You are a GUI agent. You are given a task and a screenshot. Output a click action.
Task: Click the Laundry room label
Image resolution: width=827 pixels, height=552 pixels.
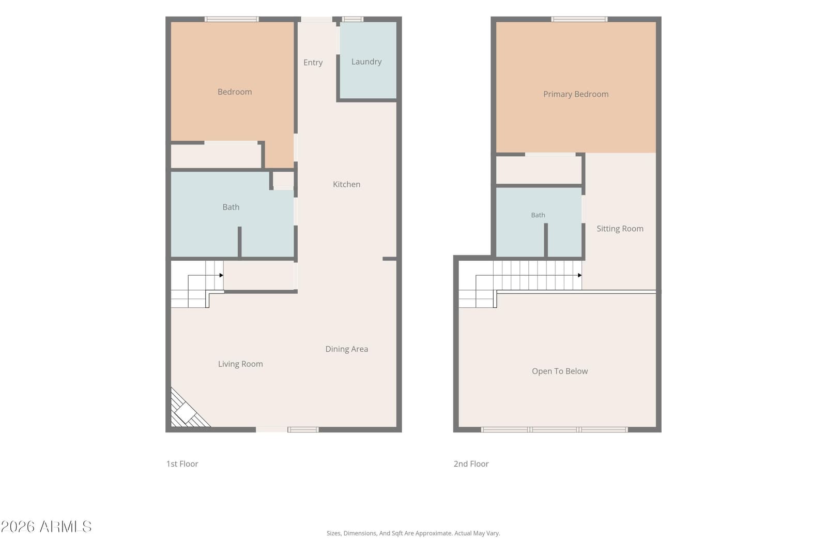(366, 62)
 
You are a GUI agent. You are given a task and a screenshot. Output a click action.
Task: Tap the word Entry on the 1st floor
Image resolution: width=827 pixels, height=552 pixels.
(313, 63)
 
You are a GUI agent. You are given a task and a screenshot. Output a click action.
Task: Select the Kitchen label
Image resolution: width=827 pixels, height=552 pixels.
(346, 184)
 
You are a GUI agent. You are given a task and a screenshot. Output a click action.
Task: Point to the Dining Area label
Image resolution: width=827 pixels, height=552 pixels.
(346, 349)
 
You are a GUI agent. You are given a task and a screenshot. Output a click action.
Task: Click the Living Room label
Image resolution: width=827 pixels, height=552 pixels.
(240, 364)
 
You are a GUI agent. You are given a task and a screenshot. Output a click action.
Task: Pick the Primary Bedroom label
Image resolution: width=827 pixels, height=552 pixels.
(576, 94)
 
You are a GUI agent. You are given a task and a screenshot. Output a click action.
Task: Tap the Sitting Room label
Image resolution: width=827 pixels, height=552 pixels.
(620, 229)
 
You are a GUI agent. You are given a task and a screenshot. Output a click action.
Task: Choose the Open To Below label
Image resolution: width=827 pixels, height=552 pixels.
(560, 371)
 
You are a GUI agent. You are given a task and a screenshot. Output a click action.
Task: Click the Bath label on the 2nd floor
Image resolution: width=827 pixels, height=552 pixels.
(538, 215)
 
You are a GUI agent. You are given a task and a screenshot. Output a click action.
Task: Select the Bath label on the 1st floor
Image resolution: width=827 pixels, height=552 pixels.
(231, 207)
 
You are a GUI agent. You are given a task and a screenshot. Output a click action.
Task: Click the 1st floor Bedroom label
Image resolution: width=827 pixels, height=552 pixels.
(235, 92)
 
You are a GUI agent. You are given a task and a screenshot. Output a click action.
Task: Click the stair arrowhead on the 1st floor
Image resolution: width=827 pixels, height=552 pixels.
(222, 275)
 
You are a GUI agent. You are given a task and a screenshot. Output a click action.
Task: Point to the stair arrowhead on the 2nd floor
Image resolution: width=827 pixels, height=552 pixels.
(579, 275)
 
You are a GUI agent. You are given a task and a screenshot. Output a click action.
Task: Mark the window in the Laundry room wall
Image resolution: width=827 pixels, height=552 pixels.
(352, 19)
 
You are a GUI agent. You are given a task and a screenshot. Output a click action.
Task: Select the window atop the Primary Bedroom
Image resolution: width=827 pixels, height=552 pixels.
(579, 19)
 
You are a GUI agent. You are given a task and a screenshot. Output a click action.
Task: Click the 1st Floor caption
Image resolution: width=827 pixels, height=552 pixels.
(182, 464)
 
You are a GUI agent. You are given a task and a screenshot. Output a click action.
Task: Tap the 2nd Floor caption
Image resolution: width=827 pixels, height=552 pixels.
(471, 464)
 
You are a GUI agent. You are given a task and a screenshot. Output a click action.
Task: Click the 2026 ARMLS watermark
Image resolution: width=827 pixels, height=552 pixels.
(46, 527)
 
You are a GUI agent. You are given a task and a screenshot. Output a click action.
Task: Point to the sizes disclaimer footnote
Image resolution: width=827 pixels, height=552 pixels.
(413, 533)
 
